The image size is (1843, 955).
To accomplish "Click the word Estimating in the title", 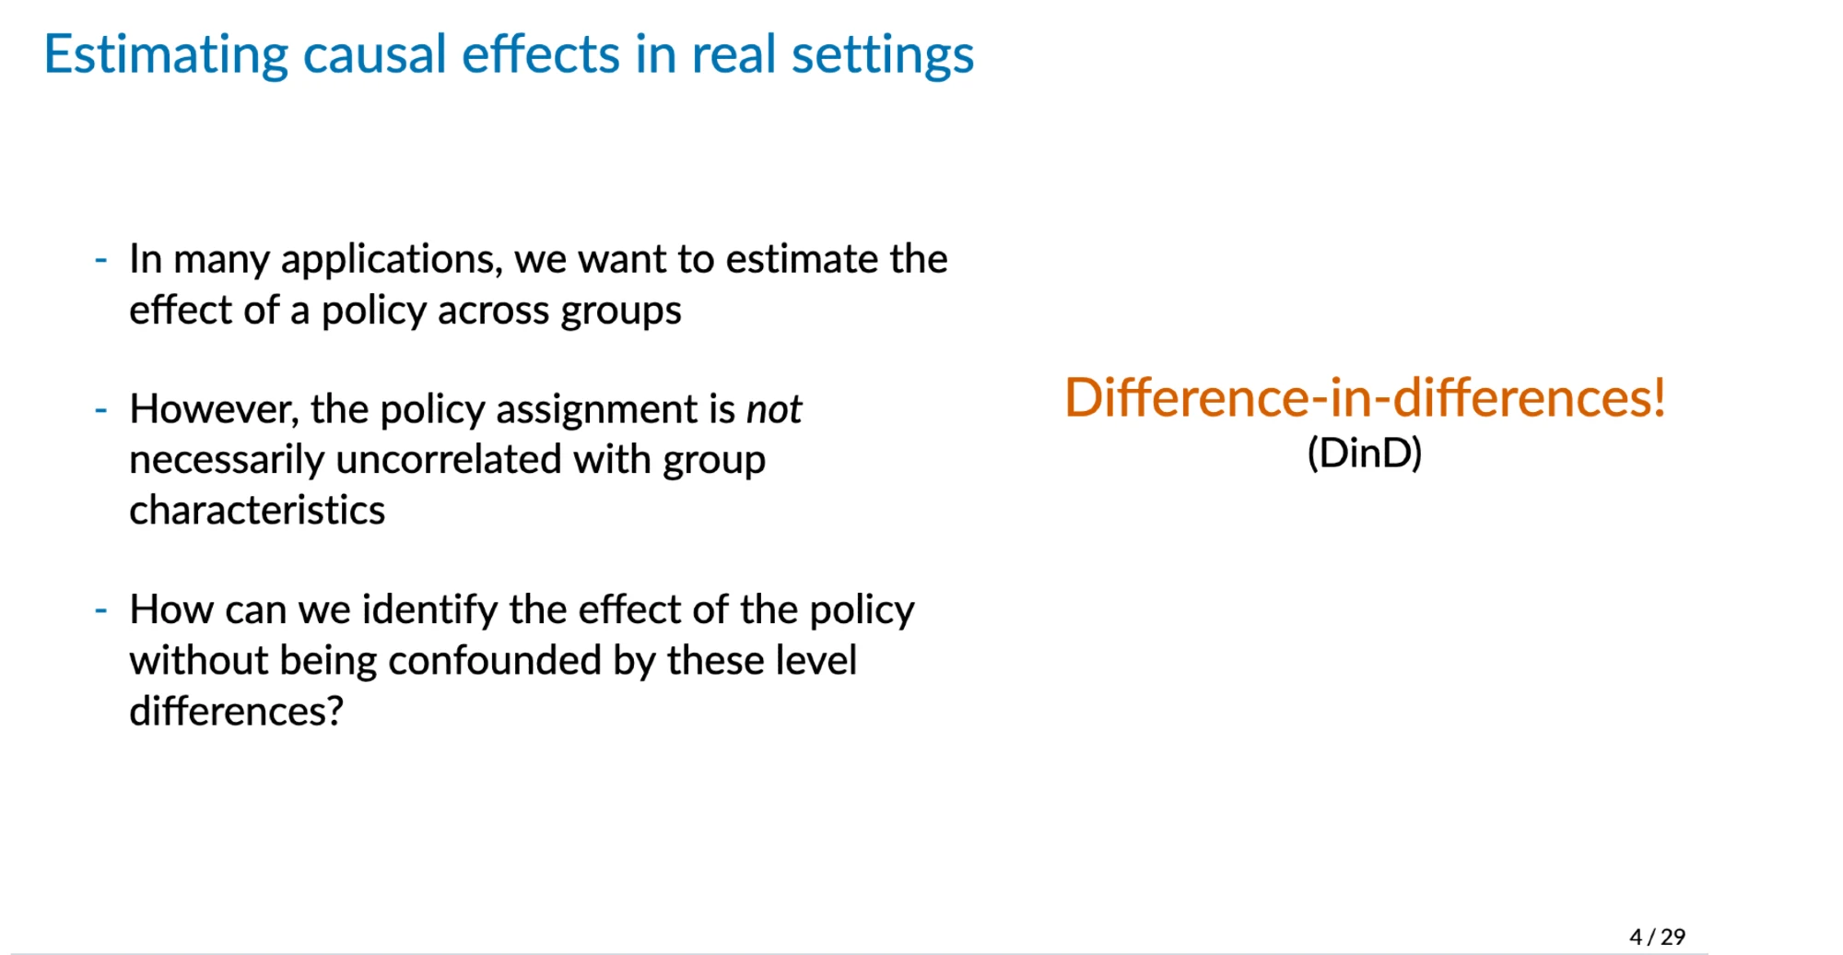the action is point(166,55).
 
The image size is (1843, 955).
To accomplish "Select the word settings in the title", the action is point(883,55).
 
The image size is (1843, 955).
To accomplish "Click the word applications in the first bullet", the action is point(392,261).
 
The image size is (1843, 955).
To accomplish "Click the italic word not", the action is point(774,409).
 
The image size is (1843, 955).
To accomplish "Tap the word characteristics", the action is point(257,510).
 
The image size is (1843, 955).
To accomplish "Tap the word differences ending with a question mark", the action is point(236,711).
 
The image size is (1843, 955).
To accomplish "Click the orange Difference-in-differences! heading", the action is point(1365,397).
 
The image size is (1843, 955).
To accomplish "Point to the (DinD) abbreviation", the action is point(1365,453).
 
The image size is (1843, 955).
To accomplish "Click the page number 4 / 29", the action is point(1657,937).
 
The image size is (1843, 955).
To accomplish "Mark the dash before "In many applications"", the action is point(101,260).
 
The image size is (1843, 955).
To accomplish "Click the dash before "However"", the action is point(101,409).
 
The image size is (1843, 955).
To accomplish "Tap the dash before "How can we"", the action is point(101,610).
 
